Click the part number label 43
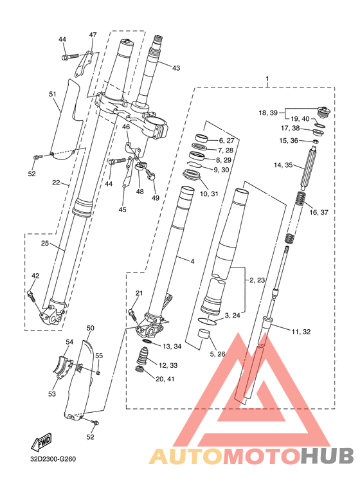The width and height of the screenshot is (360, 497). pyautogui.click(x=176, y=68)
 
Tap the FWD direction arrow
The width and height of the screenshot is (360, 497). pyautogui.click(x=41, y=441)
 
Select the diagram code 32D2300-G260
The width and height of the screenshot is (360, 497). pyautogui.click(x=53, y=459)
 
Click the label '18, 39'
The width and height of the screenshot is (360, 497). pyautogui.click(x=268, y=113)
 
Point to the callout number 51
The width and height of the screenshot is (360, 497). pyautogui.click(x=53, y=94)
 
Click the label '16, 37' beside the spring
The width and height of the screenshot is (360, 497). pyautogui.click(x=319, y=212)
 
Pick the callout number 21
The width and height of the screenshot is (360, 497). pyautogui.click(x=139, y=293)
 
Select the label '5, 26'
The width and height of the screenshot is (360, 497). pyautogui.click(x=217, y=354)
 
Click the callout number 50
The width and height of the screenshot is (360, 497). pyautogui.click(x=90, y=328)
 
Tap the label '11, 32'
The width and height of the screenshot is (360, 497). pyautogui.click(x=301, y=332)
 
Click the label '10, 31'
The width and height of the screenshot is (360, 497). pyautogui.click(x=209, y=194)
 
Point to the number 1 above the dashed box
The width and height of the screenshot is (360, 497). pyautogui.click(x=267, y=78)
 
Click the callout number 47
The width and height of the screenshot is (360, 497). pyautogui.click(x=92, y=35)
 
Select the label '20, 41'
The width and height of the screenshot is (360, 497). pyautogui.click(x=165, y=379)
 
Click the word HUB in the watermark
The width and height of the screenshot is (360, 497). pyautogui.click(x=327, y=456)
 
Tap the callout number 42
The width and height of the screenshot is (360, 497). pyautogui.click(x=35, y=276)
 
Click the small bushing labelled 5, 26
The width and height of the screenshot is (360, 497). pyautogui.click(x=204, y=335)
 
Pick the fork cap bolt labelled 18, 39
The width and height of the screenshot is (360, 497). pyautogui.click(x=323, y=111)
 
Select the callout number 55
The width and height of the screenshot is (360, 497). pyautogui.click(x=99, y=356)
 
